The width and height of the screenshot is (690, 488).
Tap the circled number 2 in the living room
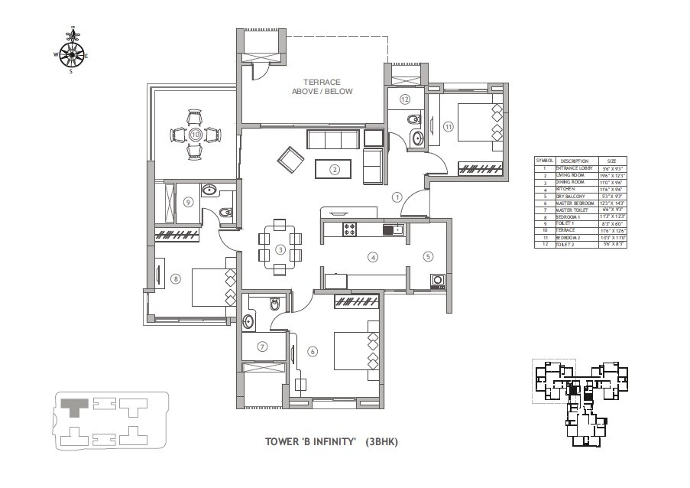pyautogui.click(x=334, y=169)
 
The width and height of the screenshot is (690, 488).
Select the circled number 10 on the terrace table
pyautogui.click(x=195, y=135)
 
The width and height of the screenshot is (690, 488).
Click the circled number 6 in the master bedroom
pyautogui.click(x=313, y=351)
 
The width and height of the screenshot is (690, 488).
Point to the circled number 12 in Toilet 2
pyautogui.click(x=405, y=99)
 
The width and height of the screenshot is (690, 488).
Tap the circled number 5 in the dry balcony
pyautogui.click(x=428, y=257)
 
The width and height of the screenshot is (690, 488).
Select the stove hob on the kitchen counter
pyautogui.click(x=351, y=228)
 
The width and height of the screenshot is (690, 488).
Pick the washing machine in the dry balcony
pyautogui.click(x=438, y=280)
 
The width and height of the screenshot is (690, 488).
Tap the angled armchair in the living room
pyautogui.click(x=290, y=158)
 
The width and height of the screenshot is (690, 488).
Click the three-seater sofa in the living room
pyautogui.click(x=332, y=140)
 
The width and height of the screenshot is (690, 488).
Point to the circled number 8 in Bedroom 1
pyautogui.click(x=176, y=279)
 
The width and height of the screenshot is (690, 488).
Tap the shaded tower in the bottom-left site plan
pyautogui.click(x=75, y=406)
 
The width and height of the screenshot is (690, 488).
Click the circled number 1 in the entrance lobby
pyautogui.click(x=397, y=197)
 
